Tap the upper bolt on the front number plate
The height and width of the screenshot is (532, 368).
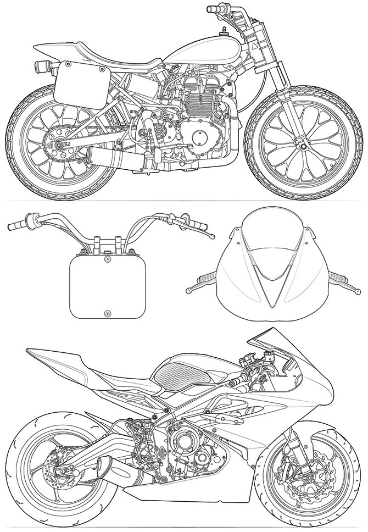coord(107,258)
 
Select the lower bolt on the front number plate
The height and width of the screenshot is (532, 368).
coord(107,313)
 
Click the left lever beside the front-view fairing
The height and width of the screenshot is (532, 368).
coord(203,281)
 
